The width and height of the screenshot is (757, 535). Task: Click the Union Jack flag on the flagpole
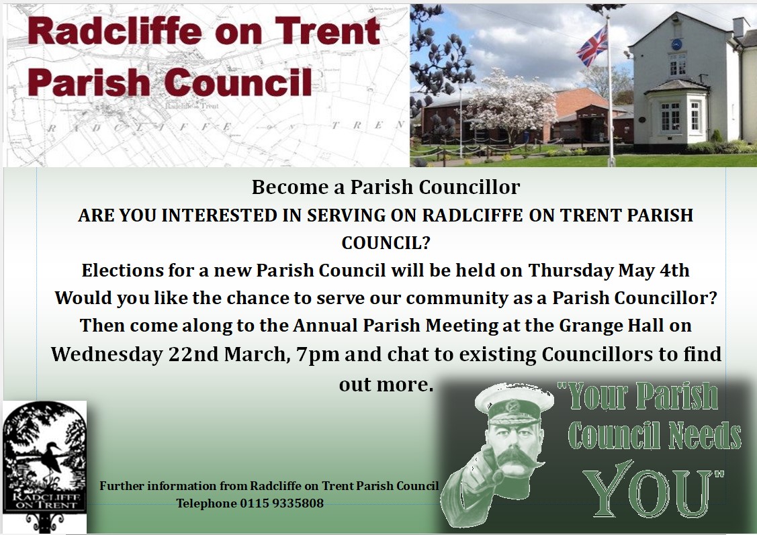(x=592, y=46)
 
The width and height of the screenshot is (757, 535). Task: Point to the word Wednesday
(x=107, y=354)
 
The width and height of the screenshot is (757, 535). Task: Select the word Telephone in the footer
(x=206, y=503)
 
